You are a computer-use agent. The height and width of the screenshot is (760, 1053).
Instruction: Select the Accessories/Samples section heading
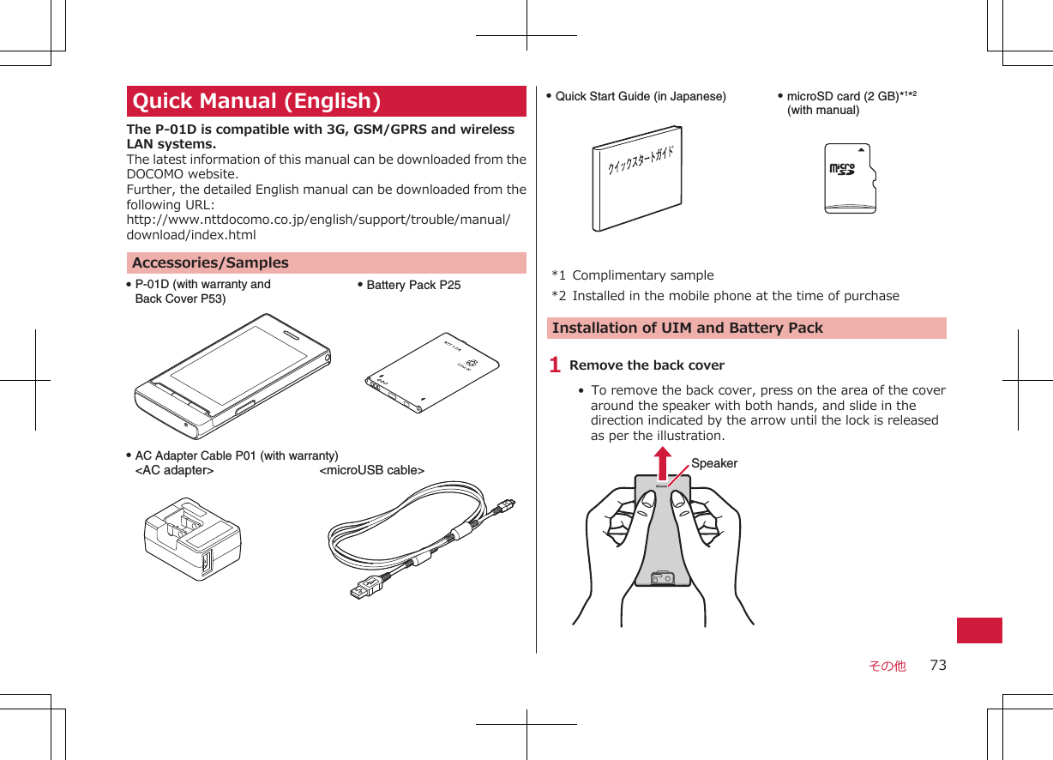[210, 262]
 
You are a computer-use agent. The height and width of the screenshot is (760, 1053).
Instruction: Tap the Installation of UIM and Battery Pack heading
[687, 328]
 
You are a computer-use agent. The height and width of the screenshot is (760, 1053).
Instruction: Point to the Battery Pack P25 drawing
[431, 372]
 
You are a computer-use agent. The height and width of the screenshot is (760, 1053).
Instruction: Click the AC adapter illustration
[193, 543]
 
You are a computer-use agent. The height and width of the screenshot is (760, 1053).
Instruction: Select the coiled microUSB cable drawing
[422, 539]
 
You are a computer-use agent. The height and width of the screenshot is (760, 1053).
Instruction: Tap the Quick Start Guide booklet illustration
[636, 178]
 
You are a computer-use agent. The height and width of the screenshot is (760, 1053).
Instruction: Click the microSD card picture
[851, 178]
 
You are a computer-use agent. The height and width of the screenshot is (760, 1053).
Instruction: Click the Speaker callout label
[713, 463]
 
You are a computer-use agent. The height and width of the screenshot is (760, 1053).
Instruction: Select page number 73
[938, 665]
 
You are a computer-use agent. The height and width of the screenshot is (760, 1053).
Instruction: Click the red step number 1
[556, 365]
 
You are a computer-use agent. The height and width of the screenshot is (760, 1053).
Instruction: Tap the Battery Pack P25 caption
[413, 285]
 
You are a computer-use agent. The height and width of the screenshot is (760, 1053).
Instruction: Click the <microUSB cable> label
[371, 470]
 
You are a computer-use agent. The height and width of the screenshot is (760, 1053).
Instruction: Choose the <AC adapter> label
[175, 470]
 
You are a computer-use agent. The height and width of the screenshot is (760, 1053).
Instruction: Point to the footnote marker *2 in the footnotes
[558, 296]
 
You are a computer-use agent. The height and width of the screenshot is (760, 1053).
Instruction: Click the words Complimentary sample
[642, 275]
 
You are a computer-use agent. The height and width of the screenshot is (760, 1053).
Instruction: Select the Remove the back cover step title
[647, 365]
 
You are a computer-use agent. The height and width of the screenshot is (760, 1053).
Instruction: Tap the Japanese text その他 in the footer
[887, 666]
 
